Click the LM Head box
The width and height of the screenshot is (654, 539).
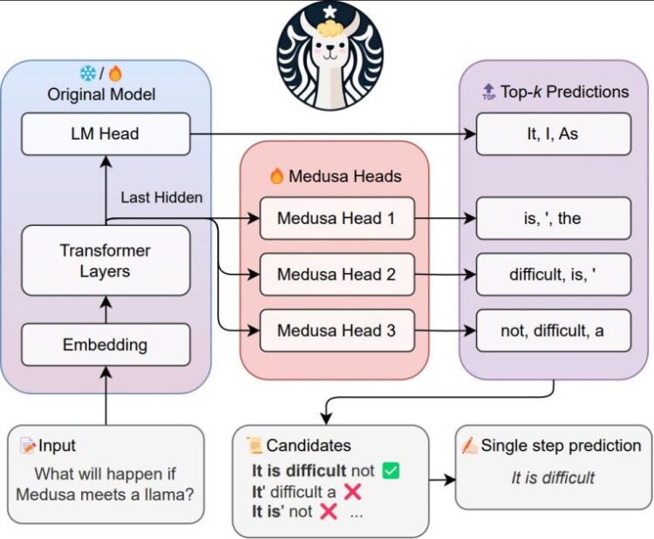pos(106,134)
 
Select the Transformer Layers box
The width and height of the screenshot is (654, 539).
pos(106,261)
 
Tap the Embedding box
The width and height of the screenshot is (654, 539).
pos(106,345)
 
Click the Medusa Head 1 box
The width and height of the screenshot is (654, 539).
pos(337,218)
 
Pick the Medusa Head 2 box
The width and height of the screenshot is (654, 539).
pos(337,275)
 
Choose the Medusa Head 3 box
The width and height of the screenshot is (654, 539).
pos(337,331)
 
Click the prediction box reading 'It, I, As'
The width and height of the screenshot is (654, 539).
pos(553,134)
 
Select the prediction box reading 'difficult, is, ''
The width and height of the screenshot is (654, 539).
pos(553,275)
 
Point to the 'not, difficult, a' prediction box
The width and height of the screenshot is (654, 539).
pos(553,331)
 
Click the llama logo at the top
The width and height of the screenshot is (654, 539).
pos(329,55)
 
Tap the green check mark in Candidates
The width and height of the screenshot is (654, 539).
pos(391,471)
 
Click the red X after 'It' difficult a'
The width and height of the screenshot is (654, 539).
pos(353,491)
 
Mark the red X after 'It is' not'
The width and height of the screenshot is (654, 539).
pos(329,512)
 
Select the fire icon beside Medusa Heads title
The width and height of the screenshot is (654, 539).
pos(276,176)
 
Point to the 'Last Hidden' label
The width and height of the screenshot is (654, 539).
pos(161,197)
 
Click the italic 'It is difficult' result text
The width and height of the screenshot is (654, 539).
pos(553,477)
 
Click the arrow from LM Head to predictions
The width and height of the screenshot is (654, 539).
pos(331,134)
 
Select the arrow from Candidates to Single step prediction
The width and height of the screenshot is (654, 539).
pos(442,480)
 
